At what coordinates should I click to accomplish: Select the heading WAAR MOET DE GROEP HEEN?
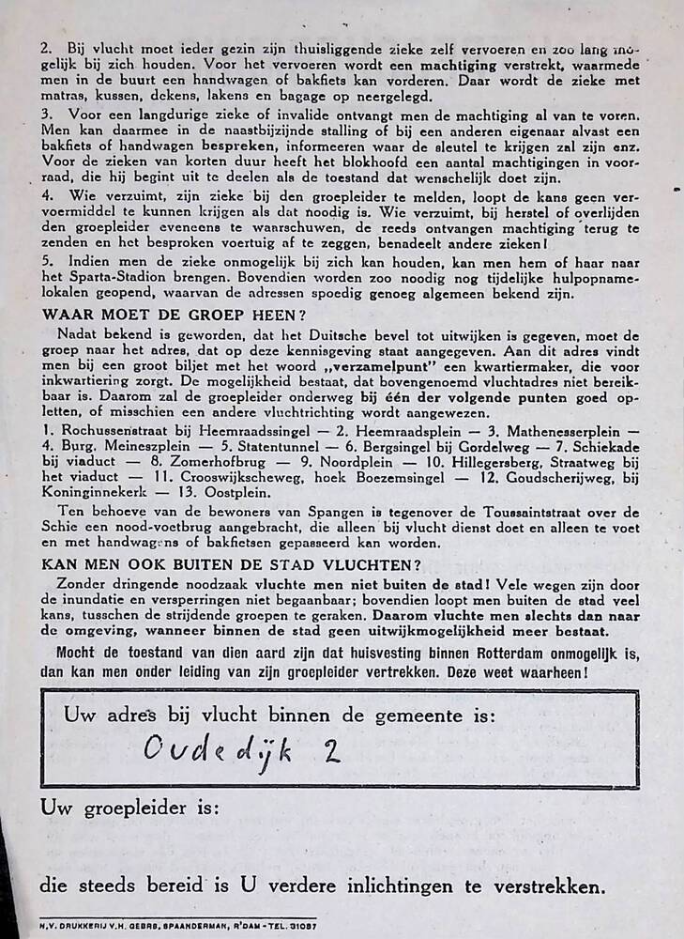[x=174, y=315]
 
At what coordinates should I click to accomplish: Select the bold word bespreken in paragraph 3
[x=237, y=148]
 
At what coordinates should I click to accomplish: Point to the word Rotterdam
[x=487, y=654]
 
